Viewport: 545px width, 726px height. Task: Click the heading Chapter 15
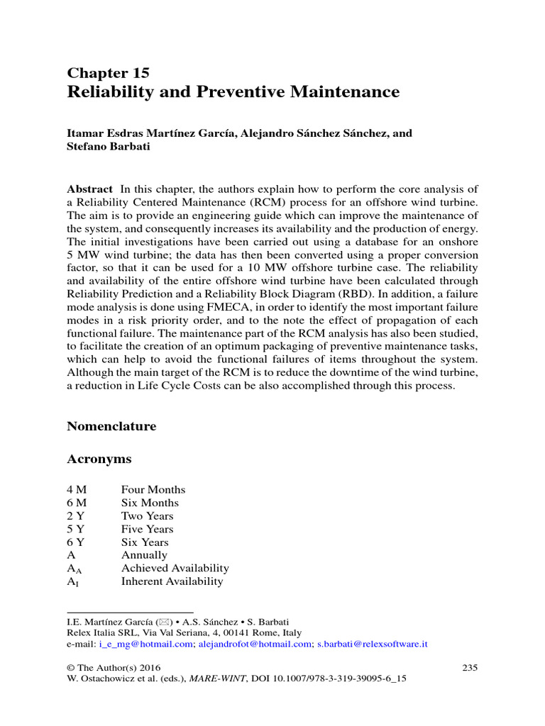pos(108,72)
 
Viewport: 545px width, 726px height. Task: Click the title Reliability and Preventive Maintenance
pos(233,92)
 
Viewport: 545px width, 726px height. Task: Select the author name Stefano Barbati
pos(109,147)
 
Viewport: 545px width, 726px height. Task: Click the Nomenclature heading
pos(111,426)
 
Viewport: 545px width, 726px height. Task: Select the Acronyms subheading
pos(99,459)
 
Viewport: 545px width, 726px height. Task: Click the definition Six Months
pos(150,503)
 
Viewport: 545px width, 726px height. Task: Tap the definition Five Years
pos(147,529)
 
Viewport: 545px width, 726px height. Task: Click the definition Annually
pos(144,555)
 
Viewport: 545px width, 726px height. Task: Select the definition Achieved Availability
pos(175,568)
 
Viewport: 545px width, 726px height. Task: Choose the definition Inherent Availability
pos(172,581)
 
